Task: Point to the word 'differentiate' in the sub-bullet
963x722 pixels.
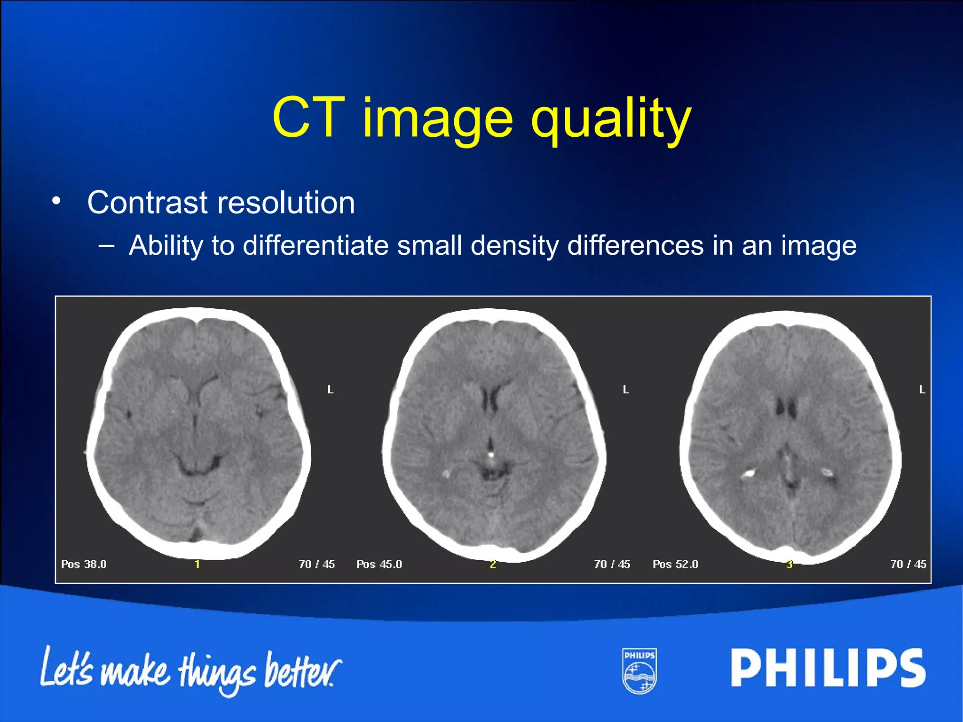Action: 316,245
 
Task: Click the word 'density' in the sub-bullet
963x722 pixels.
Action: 514,245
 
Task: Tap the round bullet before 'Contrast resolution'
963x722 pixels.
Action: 56,202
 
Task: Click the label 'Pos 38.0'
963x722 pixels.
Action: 84,564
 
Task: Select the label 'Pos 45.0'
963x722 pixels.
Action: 379,564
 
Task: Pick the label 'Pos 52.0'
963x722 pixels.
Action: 675,564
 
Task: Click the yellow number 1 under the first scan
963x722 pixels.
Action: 197,564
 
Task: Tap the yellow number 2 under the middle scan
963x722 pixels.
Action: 493,564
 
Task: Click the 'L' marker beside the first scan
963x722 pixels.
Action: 331,390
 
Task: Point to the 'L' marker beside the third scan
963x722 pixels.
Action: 922,390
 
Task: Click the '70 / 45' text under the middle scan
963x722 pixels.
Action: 612,564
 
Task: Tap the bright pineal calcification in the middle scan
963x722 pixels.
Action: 491,455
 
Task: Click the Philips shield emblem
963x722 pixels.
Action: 639,671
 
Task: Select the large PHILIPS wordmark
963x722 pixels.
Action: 828,668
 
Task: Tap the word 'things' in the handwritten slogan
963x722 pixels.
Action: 217,672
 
